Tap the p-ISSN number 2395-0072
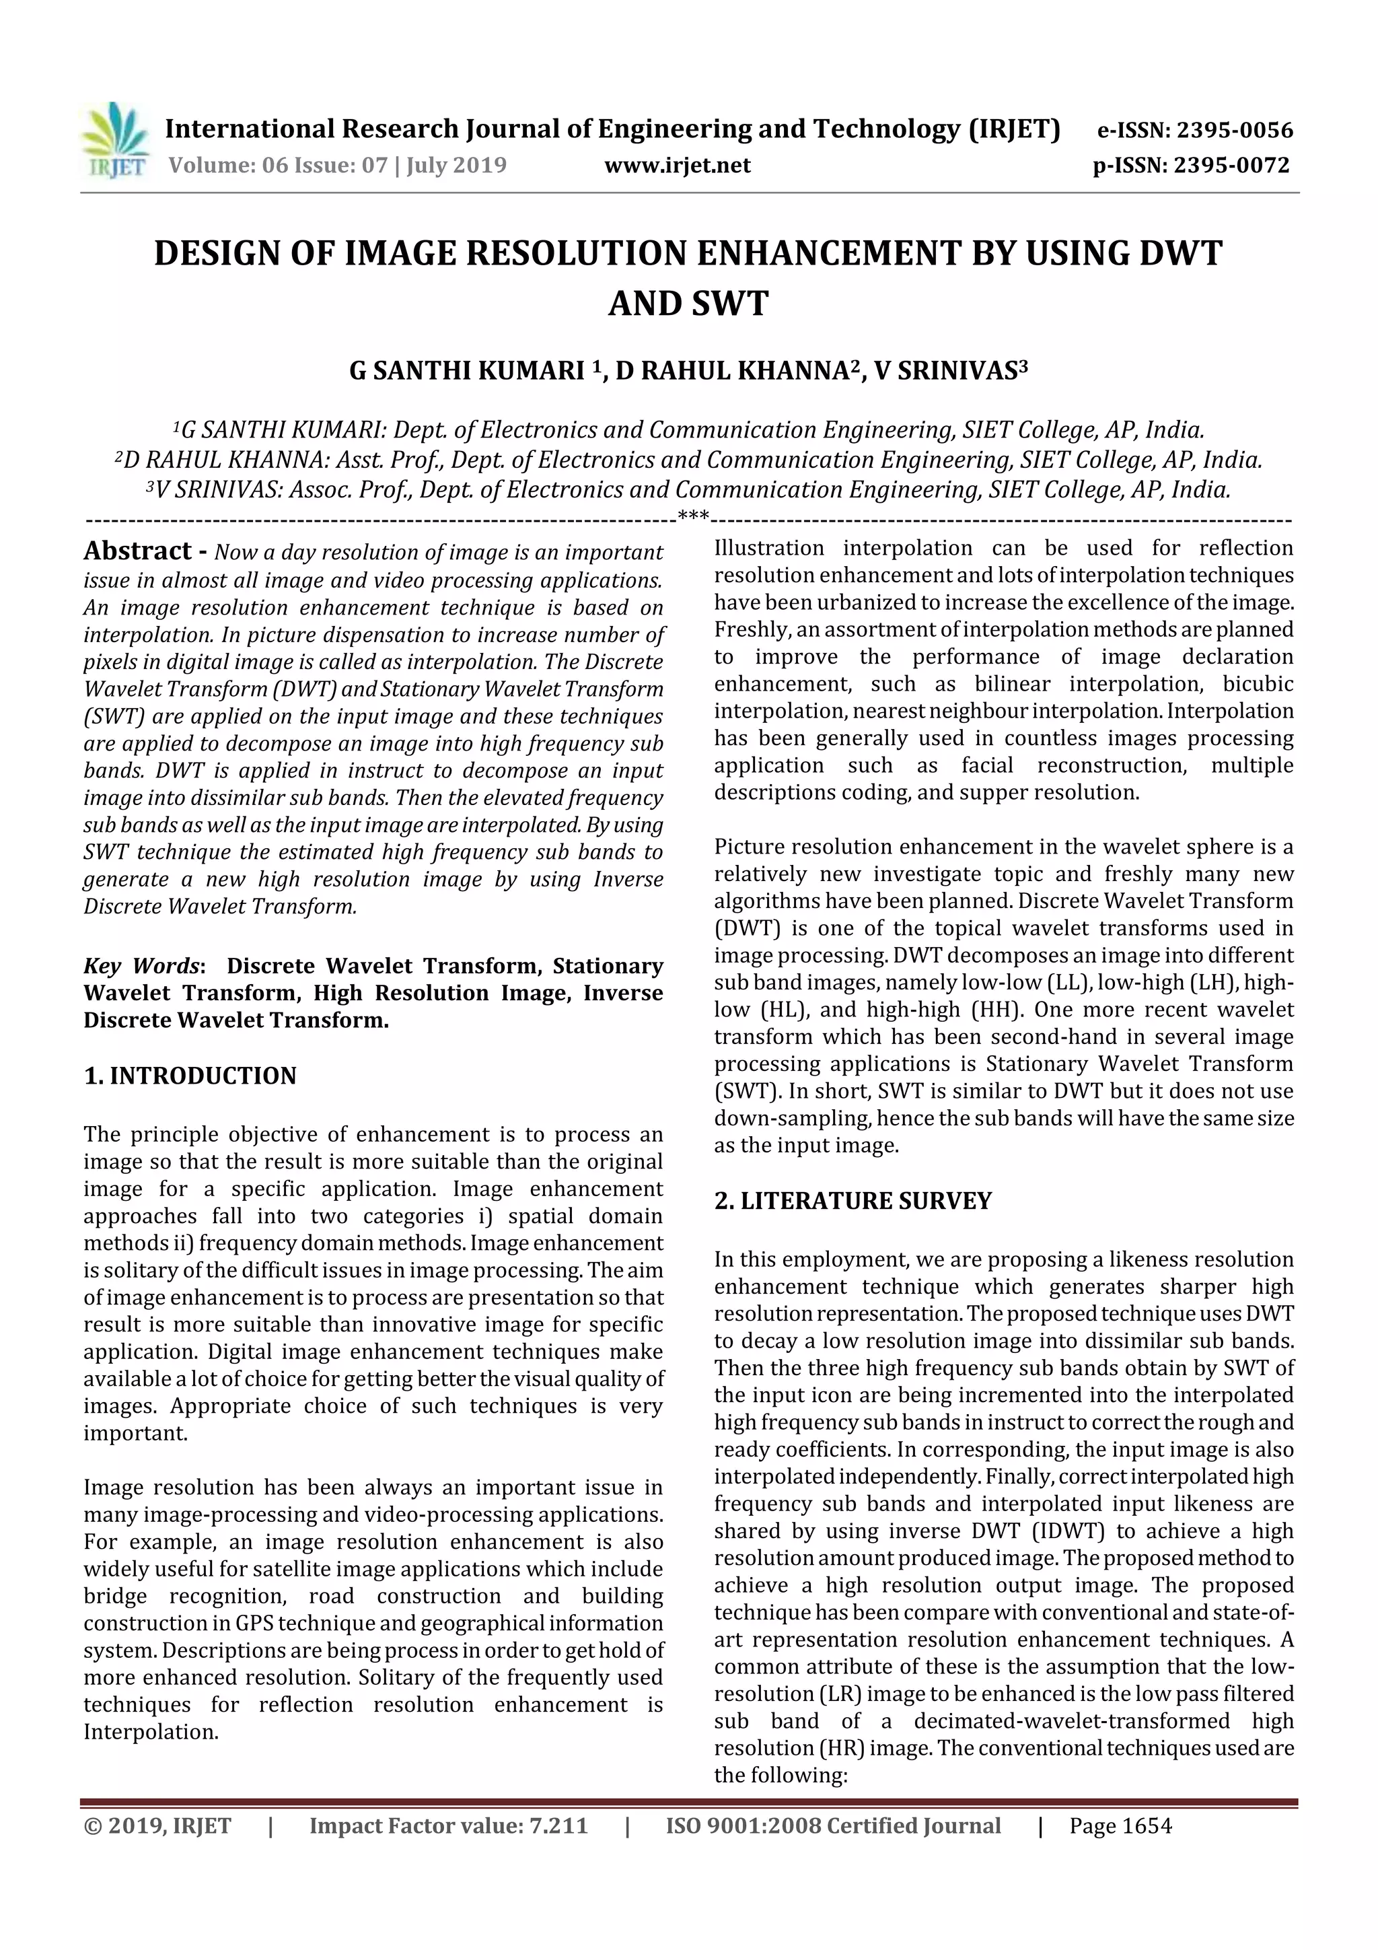pos(1231,165)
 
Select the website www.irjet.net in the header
pos(677,165)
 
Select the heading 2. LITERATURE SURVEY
pos(853,1200)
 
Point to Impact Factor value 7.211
pos(448,1825)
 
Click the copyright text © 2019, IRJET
pos(157,1825)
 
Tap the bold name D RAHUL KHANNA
pos(732,371)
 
